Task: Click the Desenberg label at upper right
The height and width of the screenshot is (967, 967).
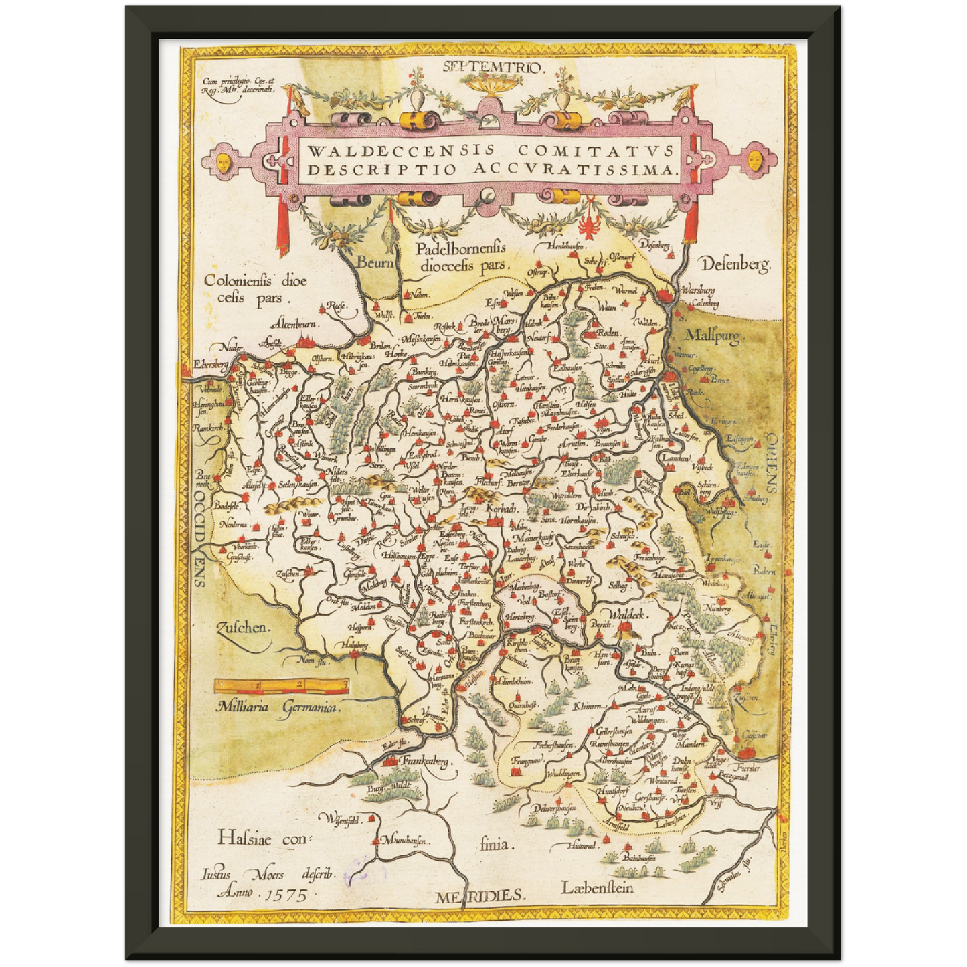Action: (735, 264)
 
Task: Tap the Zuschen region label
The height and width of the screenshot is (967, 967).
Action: (242, 628)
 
